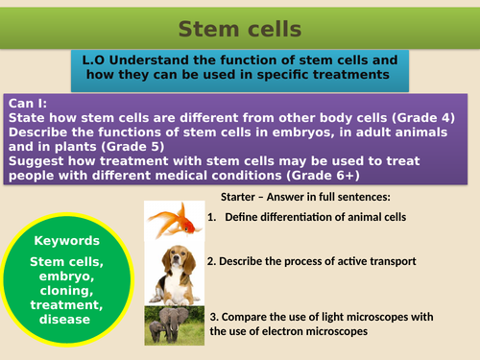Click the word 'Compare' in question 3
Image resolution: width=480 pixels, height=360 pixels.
point(253,316)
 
